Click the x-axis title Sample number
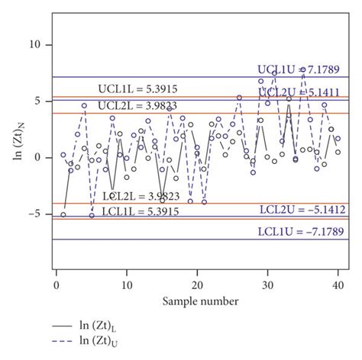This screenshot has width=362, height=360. pyautogui.click(x=197, y=302)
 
